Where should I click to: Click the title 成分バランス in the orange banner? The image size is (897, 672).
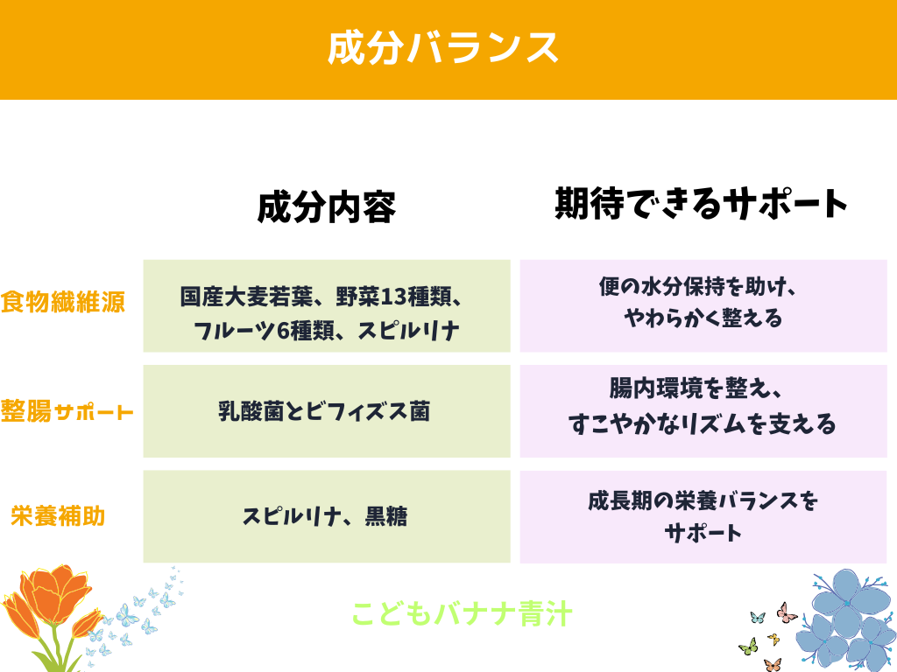click(x=442, y=48)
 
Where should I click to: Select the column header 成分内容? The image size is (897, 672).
click(x=327, y=206)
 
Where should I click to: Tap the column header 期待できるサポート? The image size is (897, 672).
click(x=702, y=203)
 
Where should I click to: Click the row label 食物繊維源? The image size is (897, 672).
click(x=63, y=302)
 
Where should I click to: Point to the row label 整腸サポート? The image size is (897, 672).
click(x=67, y=411)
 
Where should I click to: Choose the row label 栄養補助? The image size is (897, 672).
click(x=58, y=516)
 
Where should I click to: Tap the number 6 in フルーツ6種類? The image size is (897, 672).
click(x=284, y=330)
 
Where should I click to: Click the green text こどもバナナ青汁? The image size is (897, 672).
click(x=462, y=613)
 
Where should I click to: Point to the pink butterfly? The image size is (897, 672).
click(x=787, y=613)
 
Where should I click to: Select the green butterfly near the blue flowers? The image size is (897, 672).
click(x=748, y=647)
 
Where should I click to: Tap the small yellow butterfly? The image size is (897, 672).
click(x=773, y=638)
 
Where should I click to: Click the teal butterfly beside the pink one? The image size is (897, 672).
click(x=758, y=618)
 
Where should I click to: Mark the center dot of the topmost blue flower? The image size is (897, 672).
click(x=847, y=604)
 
